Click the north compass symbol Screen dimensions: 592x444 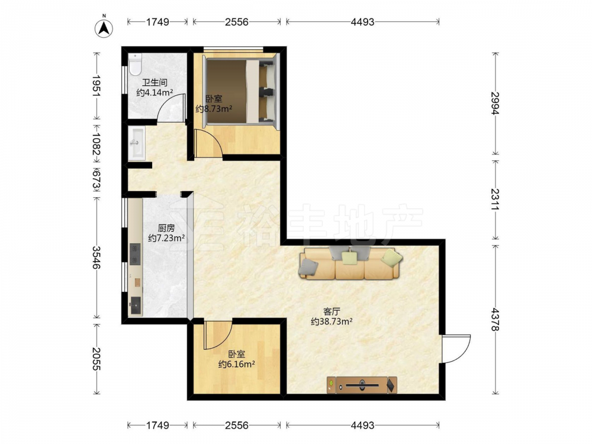click(104, 27)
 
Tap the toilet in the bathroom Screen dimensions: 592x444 click(135, 64)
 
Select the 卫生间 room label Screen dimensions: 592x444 click(155, 82)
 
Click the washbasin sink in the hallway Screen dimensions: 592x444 click(136, 143)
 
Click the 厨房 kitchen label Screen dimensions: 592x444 click(166, 228)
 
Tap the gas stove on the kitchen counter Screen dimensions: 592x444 click(135, 254)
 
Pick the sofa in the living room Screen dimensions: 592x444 click(350, 263)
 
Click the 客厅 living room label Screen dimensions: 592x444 click(332, 311)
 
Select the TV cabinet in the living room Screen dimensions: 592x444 click(362, 385)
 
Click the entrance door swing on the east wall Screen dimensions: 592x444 click(456, 349)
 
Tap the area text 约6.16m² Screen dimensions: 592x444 click(237, 364)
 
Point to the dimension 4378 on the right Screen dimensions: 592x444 click(495, 320)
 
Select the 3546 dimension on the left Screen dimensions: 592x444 click(96, 258)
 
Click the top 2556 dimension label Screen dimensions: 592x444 click(237, 22)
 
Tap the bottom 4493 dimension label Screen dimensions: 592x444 click(362, 426)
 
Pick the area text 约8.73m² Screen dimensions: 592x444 click(214, 109)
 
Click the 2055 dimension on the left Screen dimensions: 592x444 click(96, 359)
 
